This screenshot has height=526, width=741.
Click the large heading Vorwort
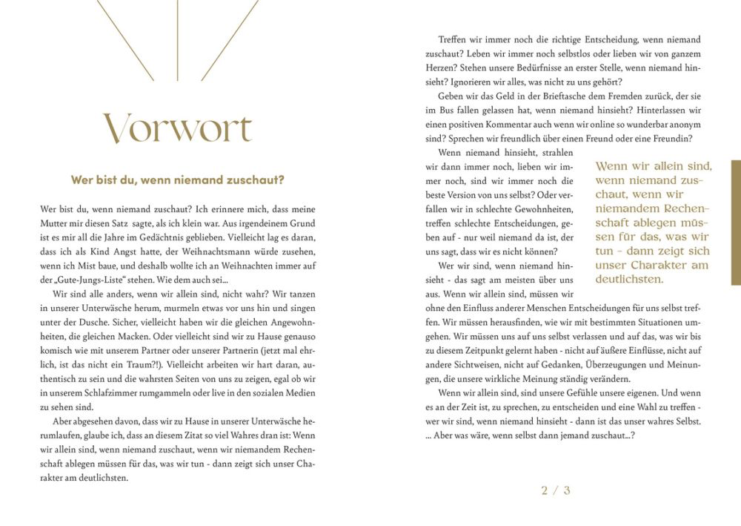pyautogui.click(x=178, y=128)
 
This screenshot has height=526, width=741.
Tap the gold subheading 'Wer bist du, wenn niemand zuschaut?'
pyautogui.click(x=178, y=180)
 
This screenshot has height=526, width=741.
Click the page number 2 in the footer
pyautogui.click(x=545, y=490)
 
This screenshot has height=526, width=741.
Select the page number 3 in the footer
pyautogui.click(x=567, y=490)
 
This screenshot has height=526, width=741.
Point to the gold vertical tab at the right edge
pyautogui.click(x=735, y=223)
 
